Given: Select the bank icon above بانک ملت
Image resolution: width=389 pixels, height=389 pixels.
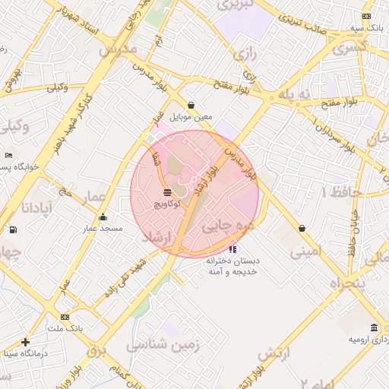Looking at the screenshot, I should [65, 317].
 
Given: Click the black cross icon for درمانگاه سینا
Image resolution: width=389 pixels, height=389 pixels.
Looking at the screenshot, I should [26, 342].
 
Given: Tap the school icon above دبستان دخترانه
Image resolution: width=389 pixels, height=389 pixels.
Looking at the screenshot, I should [232, 248].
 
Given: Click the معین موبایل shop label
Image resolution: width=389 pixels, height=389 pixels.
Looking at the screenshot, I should [189, 118].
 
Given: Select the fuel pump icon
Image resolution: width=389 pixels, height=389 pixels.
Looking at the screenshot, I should [12, 229].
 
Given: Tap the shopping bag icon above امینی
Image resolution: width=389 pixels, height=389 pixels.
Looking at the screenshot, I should [302, 228].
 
